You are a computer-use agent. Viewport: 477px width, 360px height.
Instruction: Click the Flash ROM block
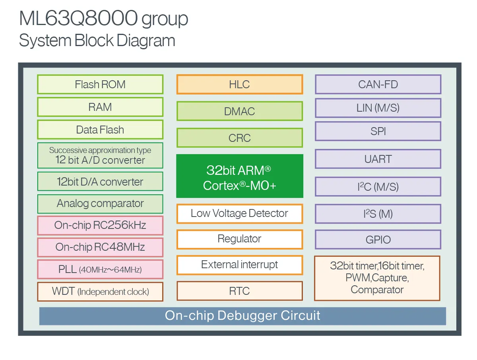[100, 85]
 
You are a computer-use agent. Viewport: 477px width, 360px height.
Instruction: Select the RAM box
[100, 107]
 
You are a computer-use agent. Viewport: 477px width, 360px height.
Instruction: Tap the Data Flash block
[100, 130]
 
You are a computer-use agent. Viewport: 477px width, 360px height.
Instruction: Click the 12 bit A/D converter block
[100, 156]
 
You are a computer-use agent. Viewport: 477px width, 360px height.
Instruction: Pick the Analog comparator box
[100, 204]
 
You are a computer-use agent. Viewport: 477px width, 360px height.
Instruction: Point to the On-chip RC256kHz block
[100, 226]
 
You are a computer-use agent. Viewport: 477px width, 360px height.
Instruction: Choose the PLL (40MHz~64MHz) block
[100, 269]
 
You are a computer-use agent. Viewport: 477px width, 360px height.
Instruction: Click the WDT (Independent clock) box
[100, 292]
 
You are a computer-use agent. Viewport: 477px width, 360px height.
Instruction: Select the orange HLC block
[239, 85]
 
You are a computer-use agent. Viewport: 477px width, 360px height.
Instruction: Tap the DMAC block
[239, 112]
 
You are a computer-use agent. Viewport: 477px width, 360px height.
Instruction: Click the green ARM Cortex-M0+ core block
[239, 176]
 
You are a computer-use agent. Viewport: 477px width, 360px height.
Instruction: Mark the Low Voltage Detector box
[239, 214]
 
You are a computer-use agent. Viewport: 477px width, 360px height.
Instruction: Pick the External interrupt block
[239, 265]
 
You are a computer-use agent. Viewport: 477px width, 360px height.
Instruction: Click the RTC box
[239, 291]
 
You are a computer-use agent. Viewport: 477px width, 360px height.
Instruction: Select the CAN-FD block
[378, 85]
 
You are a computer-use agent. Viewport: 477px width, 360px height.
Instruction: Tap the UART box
[378, 159]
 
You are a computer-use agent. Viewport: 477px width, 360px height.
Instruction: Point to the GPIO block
[378, 240]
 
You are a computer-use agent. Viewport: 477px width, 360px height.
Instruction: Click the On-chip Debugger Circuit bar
[242, 316]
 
